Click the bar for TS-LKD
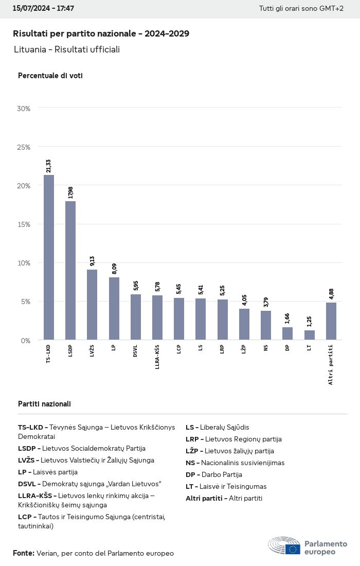pyautogui.click(x=49, y=257)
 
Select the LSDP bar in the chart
pyautogui.click(x=70, y=270)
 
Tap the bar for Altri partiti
pyautogui.click(x=331, y=321)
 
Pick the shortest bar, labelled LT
pyautogui.click(x=310, y=335)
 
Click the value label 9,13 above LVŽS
pyautogui.click(x=93, y=261)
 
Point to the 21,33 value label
pyautogui.click(x=49, y=166)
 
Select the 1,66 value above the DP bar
pyautogui.click(x=288, y=319)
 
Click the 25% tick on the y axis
pyautogui.click(x=24, y=147)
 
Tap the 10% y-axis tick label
pyautogui.click(x=24, y=263)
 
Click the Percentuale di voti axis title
pyautogui.click(x=50, y=76)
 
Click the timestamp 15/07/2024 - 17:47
pyautogui.click(x=43, y=9)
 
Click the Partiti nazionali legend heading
pyautogui.click(x=44, y=404)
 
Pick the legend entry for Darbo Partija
pyautogui.click(x=214, y=474)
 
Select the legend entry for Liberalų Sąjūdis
pyautogui.click(x=218, y=427)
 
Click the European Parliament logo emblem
pyautogui.click(x=284, y=545)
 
